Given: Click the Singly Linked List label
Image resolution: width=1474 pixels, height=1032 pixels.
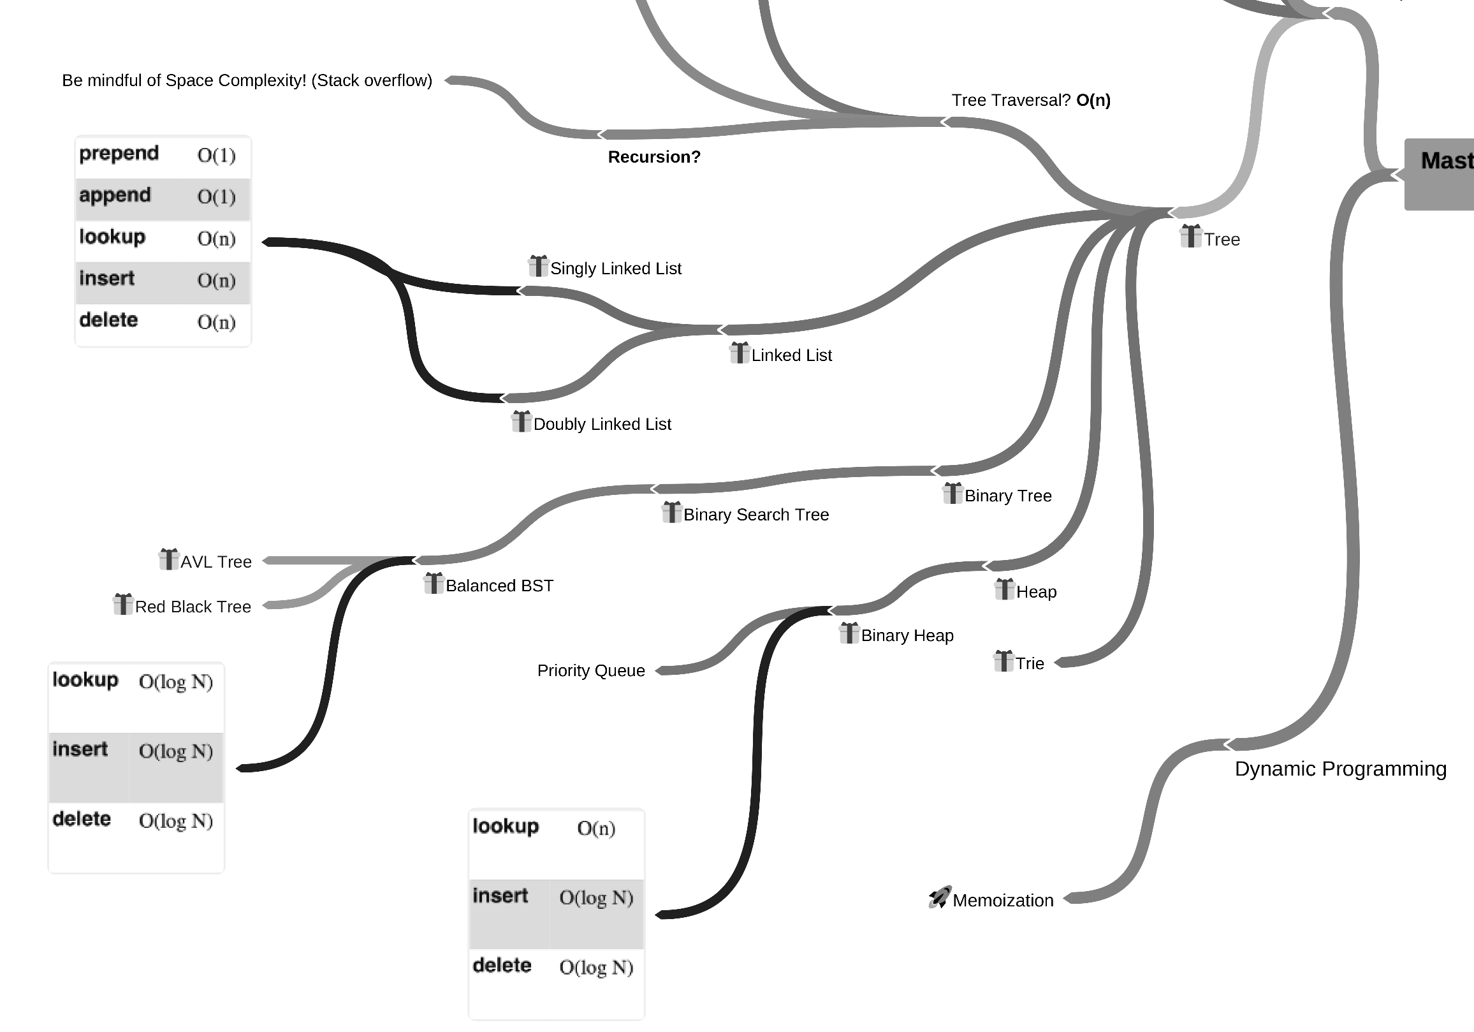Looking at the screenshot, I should tap(615, 269).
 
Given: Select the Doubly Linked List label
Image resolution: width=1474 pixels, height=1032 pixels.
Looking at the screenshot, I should tap(602, 425).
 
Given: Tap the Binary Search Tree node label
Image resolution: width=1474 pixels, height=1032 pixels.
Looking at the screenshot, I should tap(755, 515).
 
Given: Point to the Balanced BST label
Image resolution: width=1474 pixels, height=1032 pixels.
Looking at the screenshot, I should tap(499, 586).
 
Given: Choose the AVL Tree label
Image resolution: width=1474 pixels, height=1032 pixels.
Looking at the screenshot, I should tap(215, 562).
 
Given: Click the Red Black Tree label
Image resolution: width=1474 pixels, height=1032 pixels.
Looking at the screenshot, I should tap(193, 607).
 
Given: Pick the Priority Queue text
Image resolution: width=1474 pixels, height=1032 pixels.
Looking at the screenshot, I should tap(590, 671).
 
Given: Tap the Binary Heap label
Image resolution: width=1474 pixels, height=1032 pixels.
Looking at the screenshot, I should tap(907, 636).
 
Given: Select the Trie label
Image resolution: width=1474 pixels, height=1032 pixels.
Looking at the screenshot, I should tap(1029, 663).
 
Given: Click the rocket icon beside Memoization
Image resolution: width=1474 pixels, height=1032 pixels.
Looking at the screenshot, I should tap(939, 897).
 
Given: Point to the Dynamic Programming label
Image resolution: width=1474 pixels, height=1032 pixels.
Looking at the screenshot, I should tap(1340, 769).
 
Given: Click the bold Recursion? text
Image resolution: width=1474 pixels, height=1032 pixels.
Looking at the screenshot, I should tap(653, 158).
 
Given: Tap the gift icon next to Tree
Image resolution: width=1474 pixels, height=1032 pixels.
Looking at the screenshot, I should tap(1190, 236).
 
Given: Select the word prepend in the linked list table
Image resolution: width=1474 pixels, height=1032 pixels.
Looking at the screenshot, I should tap(119, 154).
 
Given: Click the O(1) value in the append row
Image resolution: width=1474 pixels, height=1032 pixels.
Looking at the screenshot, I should tap(216, 196).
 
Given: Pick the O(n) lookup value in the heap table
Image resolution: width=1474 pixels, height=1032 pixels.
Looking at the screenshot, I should tap(595, 829).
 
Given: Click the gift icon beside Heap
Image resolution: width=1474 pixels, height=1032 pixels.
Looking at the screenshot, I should tap(1004, 589).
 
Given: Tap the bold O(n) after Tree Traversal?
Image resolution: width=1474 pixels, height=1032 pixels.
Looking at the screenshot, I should tap(1093, 100).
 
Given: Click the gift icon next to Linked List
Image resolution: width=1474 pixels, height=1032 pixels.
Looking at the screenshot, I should tap(740, 353).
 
